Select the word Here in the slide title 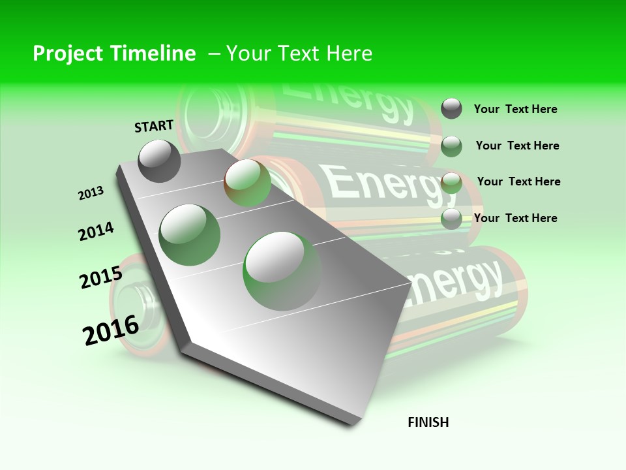349,54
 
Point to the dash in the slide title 214,54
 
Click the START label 154,126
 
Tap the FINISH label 428,422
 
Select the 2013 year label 91,193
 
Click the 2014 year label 97,231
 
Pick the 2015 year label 101,277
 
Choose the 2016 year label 111,330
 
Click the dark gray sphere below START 159,161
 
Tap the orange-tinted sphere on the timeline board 247,183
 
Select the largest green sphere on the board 282,271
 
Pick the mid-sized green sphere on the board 189,234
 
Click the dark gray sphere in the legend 451,108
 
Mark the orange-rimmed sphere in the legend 451,183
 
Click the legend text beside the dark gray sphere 515,109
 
